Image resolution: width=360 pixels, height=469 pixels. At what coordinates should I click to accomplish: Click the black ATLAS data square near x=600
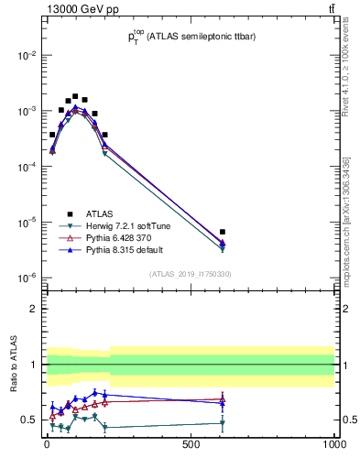click(x=223, y=232)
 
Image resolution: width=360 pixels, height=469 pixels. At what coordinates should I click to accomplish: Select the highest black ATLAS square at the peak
click(x=75, y=96)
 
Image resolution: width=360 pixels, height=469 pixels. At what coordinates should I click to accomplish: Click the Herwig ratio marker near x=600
click(x=223, y=423)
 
